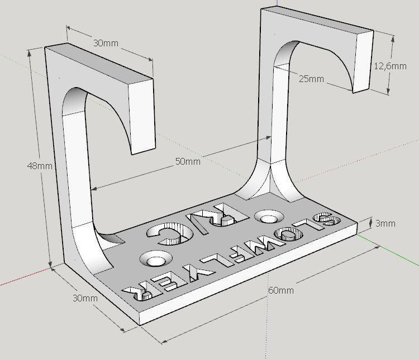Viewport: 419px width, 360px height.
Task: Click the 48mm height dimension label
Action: coord(39,166)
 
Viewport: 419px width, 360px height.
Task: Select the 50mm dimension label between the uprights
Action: coord(188,162)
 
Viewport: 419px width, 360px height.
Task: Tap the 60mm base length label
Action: coord(280,290)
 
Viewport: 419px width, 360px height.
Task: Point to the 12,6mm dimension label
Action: coord(390,66)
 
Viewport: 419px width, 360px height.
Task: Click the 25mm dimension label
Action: coord(311,79)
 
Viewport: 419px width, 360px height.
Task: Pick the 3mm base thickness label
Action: coord(385,224)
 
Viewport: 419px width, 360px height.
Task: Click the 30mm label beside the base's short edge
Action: coord(85,298)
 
